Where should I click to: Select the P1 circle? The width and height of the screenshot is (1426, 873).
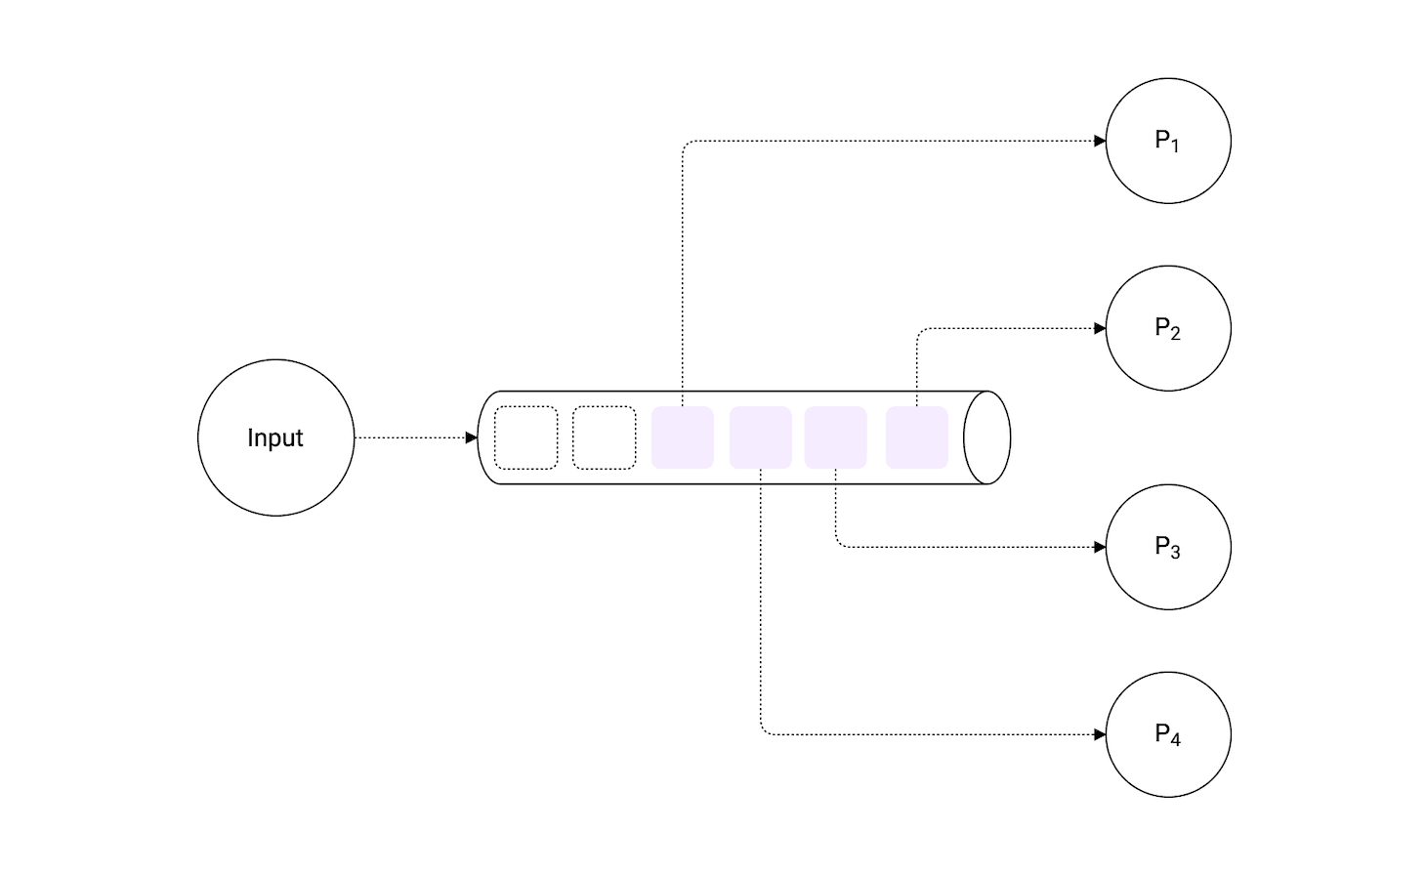[x=1168, y=141]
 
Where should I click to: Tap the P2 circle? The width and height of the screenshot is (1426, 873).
[x=1168, y=328]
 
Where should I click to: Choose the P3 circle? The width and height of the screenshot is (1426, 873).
[x=1168, y=547]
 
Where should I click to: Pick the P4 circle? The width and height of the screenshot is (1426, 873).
[x=1168, y=734]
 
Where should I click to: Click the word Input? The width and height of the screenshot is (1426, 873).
[x=275, y=438]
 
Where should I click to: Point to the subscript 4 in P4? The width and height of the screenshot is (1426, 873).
[x=1175, y=740]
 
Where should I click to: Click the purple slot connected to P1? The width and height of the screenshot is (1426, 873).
[x=683, y=437]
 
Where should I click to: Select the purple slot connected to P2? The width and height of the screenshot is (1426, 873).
[x=917, y=437]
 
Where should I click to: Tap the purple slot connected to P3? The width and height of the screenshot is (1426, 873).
[x=836, y=437]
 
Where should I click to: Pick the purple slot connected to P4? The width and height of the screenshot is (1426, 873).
[x=761, y=437]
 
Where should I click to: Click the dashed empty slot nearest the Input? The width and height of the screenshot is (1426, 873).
[x=526, y=437]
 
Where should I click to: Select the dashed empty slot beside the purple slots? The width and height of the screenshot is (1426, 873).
[x=605, y=437]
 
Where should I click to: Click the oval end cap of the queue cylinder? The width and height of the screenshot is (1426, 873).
[x=986, y=437]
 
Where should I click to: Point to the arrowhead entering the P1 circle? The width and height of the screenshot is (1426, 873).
[x=1100, y=141]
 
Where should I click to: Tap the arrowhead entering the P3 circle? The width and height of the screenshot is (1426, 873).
[x=1100, y=547]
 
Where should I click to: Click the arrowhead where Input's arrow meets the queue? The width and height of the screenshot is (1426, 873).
[x=472, y=437]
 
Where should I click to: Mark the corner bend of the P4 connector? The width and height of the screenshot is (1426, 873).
[x=763, y=732]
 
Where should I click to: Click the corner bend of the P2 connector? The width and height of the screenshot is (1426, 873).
[x=919, y=330]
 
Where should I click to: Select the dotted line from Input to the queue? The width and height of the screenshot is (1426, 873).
[x=410, y=437]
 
